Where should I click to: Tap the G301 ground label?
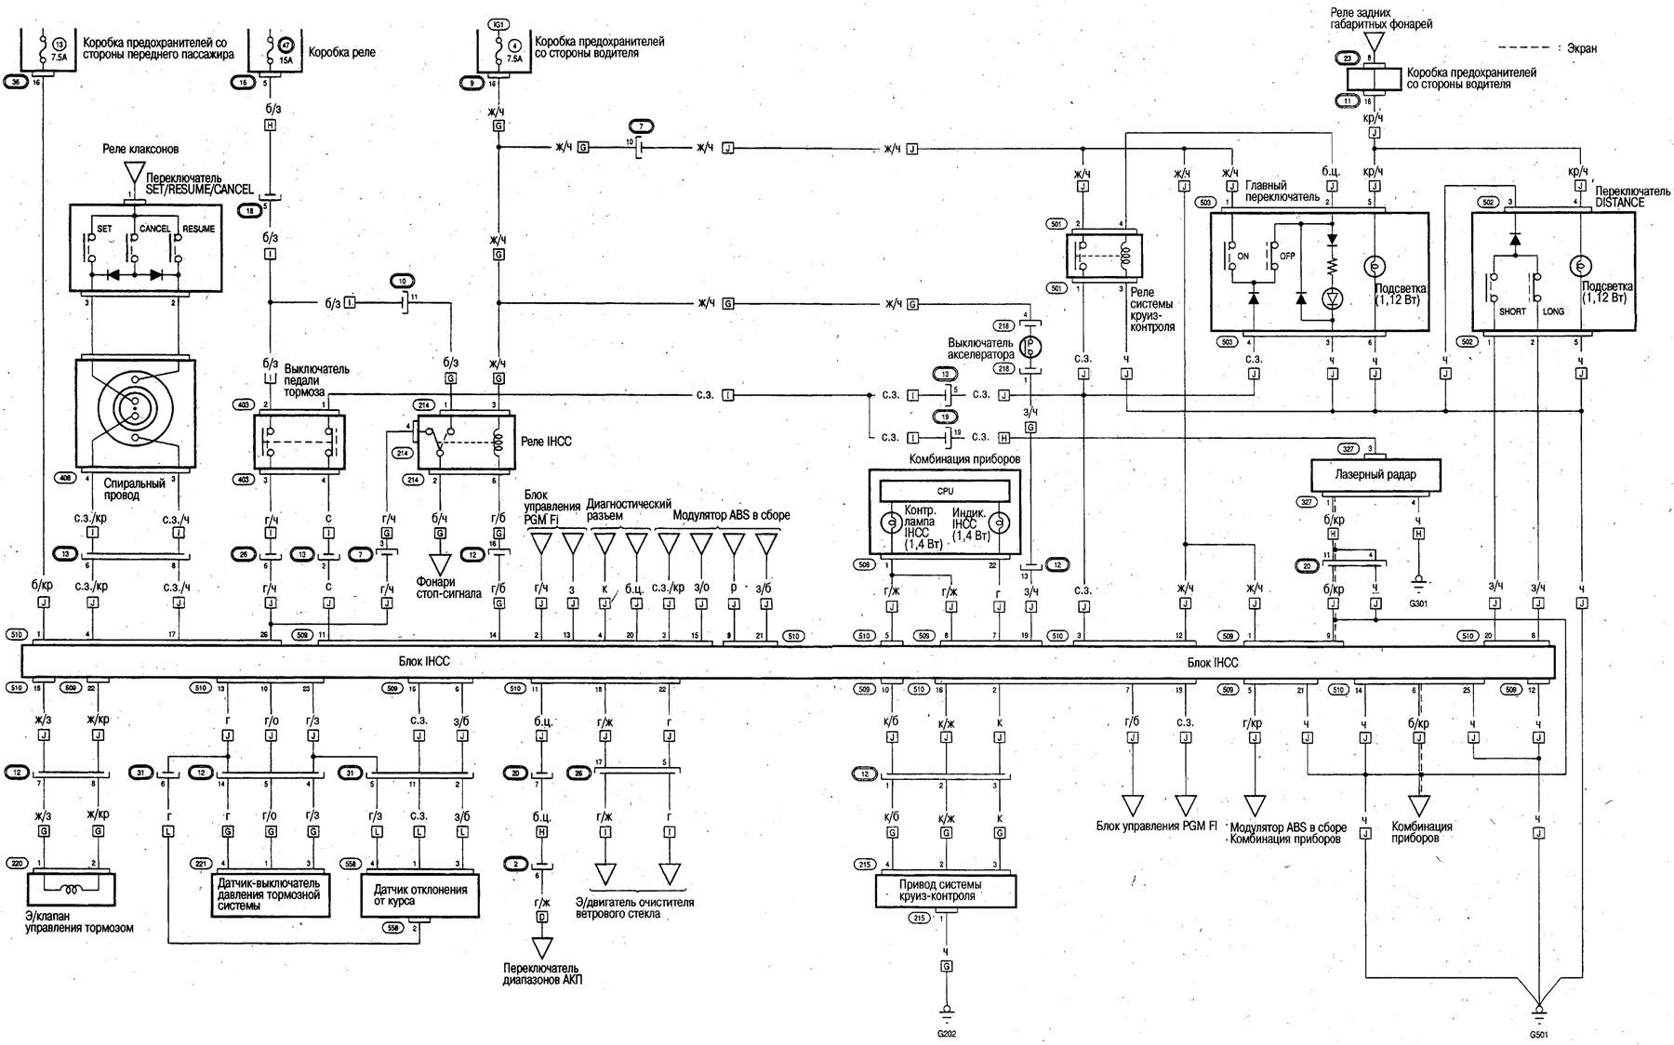click(x=1418, y=603)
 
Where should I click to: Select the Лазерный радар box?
click(x=1375, y=476)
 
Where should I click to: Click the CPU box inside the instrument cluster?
click(x=945, y=491)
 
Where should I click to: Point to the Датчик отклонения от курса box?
click(x=419, y=895)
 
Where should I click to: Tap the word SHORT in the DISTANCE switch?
click(x=1511, y=311)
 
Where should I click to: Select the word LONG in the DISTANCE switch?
click(x=1553, y=311)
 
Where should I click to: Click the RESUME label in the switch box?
click(x=198, y=229)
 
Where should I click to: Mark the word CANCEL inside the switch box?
click(x=154, y=229)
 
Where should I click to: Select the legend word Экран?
click(x=1580, y=48)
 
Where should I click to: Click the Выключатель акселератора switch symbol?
click(x=1030, y=347)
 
